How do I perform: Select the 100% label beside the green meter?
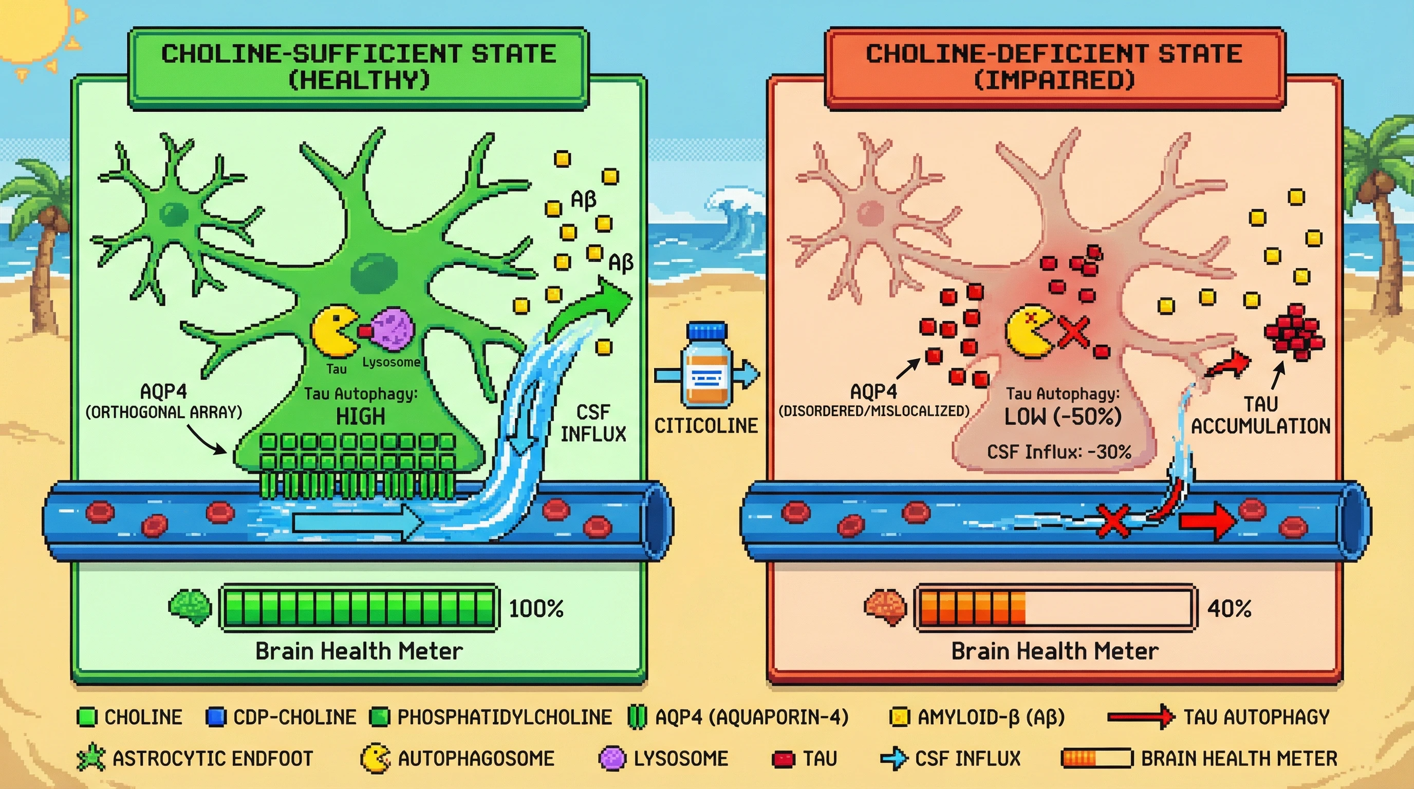pyautogui.click(x=536, y=609)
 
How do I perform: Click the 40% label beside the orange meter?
pyautogui.click(x=1230, y=609)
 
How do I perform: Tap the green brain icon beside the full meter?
pyautogui.click(x=190, y=607)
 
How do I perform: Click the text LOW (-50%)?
pyautogui.click(x=1063, y=417)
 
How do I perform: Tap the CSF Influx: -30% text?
pyautogui.click(x=1059, y=452)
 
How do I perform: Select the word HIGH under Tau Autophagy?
pyautogui.click(x=360, y=417)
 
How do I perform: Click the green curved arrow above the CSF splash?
pyautogui.click(x=593, y=307)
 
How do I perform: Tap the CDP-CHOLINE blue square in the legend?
pyautogui.click(x=216, y=717)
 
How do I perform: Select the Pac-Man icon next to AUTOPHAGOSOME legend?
pyautogui.click(x=375, y=758)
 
